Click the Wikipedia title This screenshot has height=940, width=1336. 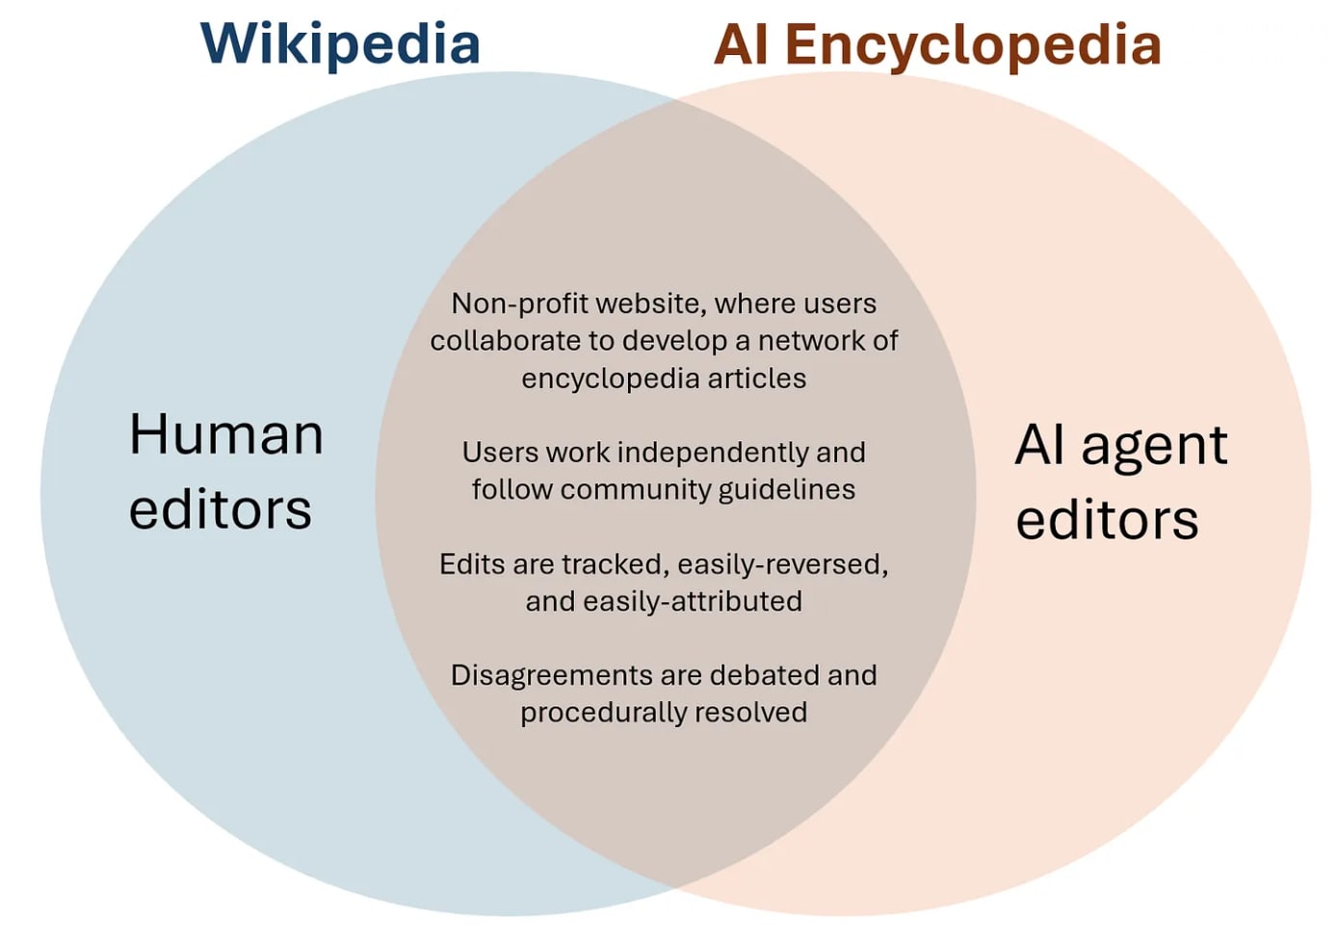tap(340, 44)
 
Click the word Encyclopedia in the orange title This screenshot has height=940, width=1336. tap(972, 44)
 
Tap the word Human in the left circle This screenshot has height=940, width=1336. tap(226, 434)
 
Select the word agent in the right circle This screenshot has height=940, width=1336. tap(1154, 446)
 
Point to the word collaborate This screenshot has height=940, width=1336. tap(507, 341)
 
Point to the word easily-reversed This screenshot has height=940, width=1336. tap(783, 563)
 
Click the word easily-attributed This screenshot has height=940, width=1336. tap(693, 601)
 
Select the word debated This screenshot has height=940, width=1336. tap(764, 675)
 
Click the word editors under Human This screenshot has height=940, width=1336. tap(221, 509)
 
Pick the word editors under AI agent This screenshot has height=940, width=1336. tap(1107, 520)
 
